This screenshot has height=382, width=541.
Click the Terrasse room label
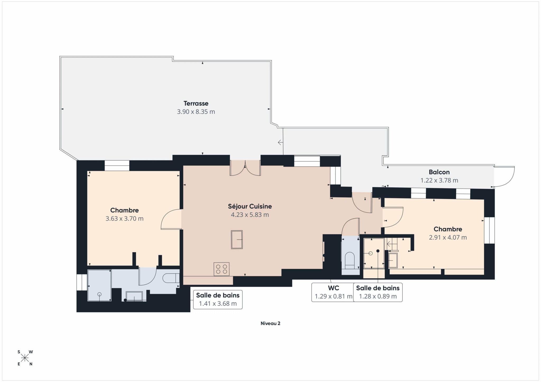(196, 103)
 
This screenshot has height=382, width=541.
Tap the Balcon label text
(439, 172)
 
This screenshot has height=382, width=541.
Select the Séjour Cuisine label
(250, 206)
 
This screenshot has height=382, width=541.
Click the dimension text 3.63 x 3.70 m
(124, 218)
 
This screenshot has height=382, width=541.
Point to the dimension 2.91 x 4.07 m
(448, 237)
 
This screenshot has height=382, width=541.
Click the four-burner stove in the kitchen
(221, 269)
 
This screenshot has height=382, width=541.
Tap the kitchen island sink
(237, 240)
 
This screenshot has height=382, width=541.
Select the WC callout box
(333, 292)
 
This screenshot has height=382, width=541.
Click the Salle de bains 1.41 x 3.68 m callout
(218, 299)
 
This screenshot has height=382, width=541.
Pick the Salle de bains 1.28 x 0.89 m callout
(378, 292)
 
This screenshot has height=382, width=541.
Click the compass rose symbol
(25, 358)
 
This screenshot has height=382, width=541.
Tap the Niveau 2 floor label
(270, 323)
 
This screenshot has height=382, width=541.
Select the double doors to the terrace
(245, 168)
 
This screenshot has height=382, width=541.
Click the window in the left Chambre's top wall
(117, 166)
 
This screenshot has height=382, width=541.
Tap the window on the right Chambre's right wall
(489, 230)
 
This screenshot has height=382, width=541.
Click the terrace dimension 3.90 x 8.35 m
(196, 112)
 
